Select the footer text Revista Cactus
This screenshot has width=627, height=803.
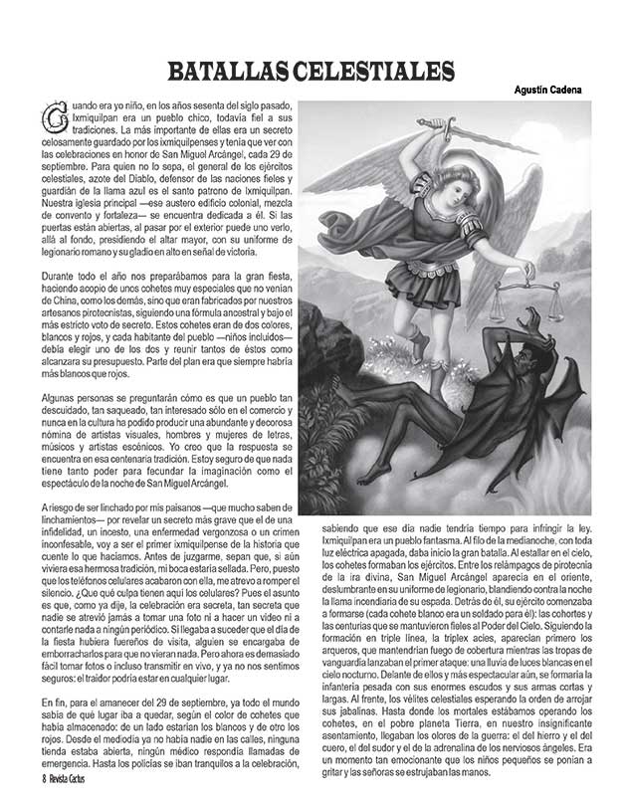point(76,778)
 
